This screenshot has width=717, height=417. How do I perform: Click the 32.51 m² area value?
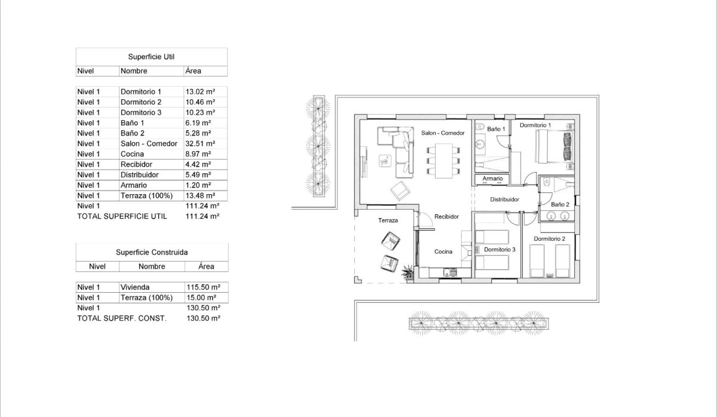point(200,143)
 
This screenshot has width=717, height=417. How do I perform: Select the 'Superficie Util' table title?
point(151,57)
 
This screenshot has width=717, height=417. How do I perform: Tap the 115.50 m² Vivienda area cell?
point(200,287)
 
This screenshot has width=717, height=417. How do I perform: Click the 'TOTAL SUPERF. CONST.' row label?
point(122,318)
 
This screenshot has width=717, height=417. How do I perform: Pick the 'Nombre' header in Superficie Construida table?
point(152,266)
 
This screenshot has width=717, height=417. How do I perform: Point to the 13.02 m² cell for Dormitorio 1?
point(200,91)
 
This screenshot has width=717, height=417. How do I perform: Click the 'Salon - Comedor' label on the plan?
point(443,133)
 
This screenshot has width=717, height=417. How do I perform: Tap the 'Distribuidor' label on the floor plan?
point(504,200)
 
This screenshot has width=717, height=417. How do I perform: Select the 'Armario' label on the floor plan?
point(492,179)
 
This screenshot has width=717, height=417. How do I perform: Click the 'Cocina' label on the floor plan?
point(443,252)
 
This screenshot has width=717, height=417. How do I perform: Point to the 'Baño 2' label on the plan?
point(560,204)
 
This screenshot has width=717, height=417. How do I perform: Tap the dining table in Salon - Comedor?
point(444,160)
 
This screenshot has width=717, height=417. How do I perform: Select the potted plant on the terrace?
point(407,272)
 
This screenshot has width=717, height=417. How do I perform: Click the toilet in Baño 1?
point(480,127)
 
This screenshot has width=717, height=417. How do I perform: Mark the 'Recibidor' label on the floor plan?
point(446,216)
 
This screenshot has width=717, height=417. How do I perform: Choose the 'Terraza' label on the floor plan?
point(388,220)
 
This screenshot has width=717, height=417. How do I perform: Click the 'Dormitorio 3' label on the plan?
point(500,249)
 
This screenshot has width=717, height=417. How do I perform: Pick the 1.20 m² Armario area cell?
point(199,185)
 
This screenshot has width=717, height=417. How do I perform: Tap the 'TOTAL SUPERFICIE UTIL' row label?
point(122,216)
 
